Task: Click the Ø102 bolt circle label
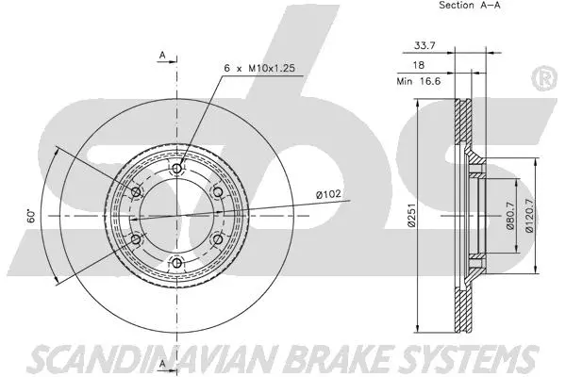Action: coord(328,195)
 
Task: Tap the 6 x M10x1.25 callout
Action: coord(259,68)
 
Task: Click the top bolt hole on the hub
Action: coord(176,169)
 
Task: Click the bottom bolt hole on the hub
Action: coord(176,262)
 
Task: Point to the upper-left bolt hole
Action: coord(136,192)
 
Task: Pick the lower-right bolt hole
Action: coord(217,238)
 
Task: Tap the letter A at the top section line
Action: coord(161,56)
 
